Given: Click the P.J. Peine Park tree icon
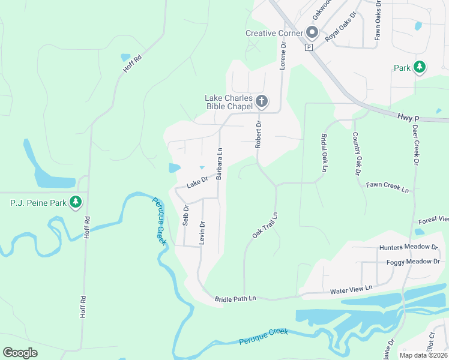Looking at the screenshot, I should [x=76, y=203].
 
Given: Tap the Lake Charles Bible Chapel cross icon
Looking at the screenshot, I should [x=261, y=102].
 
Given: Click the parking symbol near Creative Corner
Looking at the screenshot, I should [x=309, y=47].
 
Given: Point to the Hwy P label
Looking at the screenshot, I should [x=408, y=119].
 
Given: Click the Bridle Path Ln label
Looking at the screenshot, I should [x=235, y=298].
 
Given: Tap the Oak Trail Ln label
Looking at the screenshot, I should [x=265, y=224].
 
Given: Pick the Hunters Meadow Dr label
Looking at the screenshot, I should [x=408, y=247].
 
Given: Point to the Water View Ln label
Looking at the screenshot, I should [x=351, y=290].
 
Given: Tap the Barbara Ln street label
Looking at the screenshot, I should [x=220, y=164].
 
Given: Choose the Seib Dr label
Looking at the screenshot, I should [x=185, y=215].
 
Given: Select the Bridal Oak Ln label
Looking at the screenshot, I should [x=324, y=153].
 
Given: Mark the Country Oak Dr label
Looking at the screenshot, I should [x=355, y=153].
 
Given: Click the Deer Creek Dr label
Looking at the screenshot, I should [x=415, y=144].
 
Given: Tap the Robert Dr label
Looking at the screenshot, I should [x=259, y=134].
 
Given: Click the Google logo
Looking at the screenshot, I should [x=20, y=353].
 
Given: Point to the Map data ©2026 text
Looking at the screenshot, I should [x=422, y=355].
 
